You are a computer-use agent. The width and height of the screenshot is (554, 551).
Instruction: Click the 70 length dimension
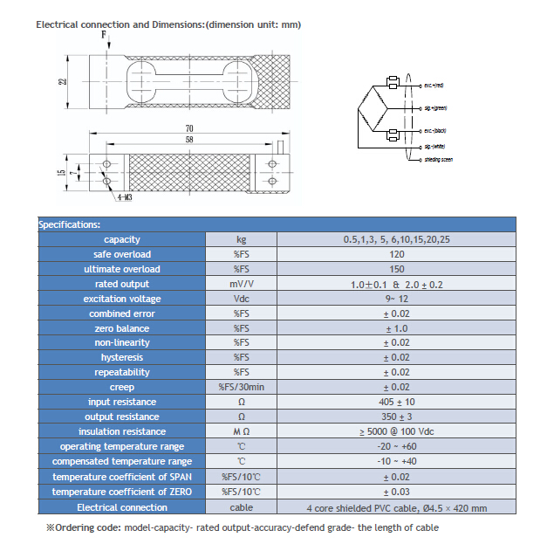pos(188,128)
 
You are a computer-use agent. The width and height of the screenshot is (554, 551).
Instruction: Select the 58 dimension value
pos(188,140)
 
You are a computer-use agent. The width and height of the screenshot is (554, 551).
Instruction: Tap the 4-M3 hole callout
pos(120,199)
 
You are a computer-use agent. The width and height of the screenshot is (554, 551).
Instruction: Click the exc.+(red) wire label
pos(434,86)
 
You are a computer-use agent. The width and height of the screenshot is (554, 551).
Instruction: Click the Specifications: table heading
pos(70,224)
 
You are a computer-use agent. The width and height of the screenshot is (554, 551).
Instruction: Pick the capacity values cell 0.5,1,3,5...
pos(396,239)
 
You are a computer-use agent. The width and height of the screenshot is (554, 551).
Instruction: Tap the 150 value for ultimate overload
pos(396,269)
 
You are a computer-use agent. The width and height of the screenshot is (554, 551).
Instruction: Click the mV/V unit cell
pos(241,284)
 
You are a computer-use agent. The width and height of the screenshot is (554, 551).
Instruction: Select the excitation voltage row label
pos(121,299)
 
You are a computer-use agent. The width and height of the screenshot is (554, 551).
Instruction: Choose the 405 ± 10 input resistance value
pos(396,402)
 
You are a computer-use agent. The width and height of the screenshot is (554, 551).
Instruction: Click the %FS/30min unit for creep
pos(241,387)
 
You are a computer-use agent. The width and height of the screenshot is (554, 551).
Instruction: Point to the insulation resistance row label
pos(121,431)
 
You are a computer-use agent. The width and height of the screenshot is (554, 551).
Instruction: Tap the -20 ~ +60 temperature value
pos(396,446)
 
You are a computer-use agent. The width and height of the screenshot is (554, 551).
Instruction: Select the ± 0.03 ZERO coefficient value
pos(396,492)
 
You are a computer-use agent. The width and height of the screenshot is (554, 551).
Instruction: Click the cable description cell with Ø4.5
pos(396,507)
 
